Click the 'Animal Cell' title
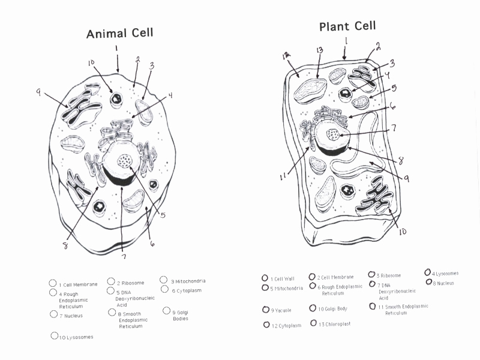pyautogui.click(x=119, y=33)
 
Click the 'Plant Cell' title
pyautogui.click(x=347, y=26)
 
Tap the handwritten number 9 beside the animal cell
pyautogui.click(x=38, y=92)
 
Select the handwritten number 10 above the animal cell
pyautogui.click(x=91, y=62)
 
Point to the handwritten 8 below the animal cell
pyautogui.click(x=65, y=245)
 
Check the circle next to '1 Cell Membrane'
pyautogui.click(x=53, y=283)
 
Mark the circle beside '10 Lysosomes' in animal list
pyautogui.click(x=55, y=336)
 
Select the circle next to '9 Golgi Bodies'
pyautogui.click(x=167, y=311)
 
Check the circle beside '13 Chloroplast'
pyautogui.click(x=314, y=323)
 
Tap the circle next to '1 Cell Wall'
pyautogui.click(x=265, y=278)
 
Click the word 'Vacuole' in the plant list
pyautogui.click(x=283, y=311)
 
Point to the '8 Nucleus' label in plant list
pyautogui.click(x=443, y=283)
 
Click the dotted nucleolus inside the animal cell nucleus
pyautogui.click(x=125, y=161)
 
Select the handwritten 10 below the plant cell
pyautogui.click(x=402, y=231)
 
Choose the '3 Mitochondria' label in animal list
pyautogui.click(x=188, y=281)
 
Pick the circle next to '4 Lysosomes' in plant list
pyautogui.click(x=428, y=272)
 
